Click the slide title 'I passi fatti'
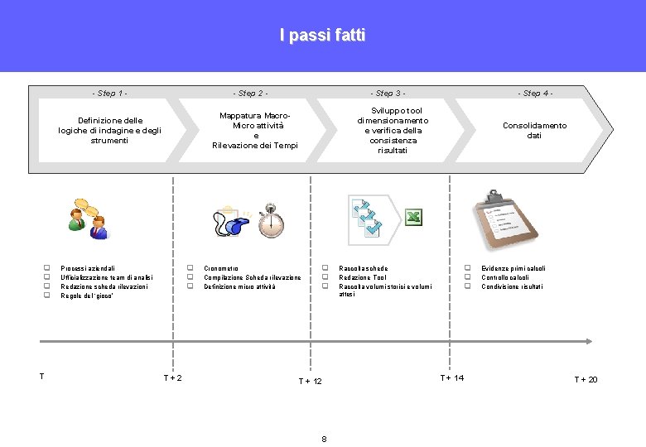pyautogui.click(x=322, y=36)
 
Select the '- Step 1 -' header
pyautogui.click(x=110, y=94)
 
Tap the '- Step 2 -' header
pyautogui.click(x=250, y=94)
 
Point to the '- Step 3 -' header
pyautogui.click(x=388, y=94)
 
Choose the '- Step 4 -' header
pyautogui.click(x=535, y=94)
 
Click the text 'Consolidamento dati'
pyautogui.click(x=534, y=130)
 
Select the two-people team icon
pyautogui.click(x=87, y=219)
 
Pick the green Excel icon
pyautogui.click(x=414, y=218)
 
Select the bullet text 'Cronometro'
pyautogui.click(x=221, y=269)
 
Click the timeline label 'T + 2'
pyautogui.click(x=172, y=378)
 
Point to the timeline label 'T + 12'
pyautogui.click(x=310, y=381)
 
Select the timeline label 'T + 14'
pyautogui.click(x=451, y=377)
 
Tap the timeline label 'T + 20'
pyautogui.click(x=586, y=379)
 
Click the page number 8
pyautogui.click(x=324, y=438)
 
